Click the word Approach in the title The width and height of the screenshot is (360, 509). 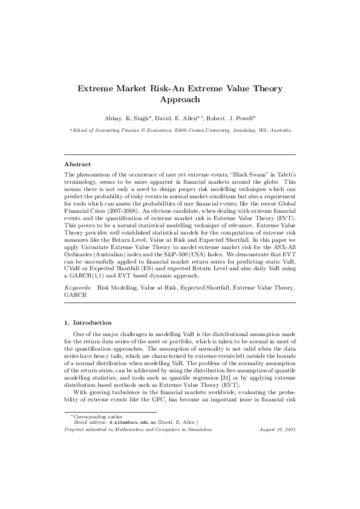coord(180,100)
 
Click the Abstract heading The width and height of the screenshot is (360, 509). coord(77,164)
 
